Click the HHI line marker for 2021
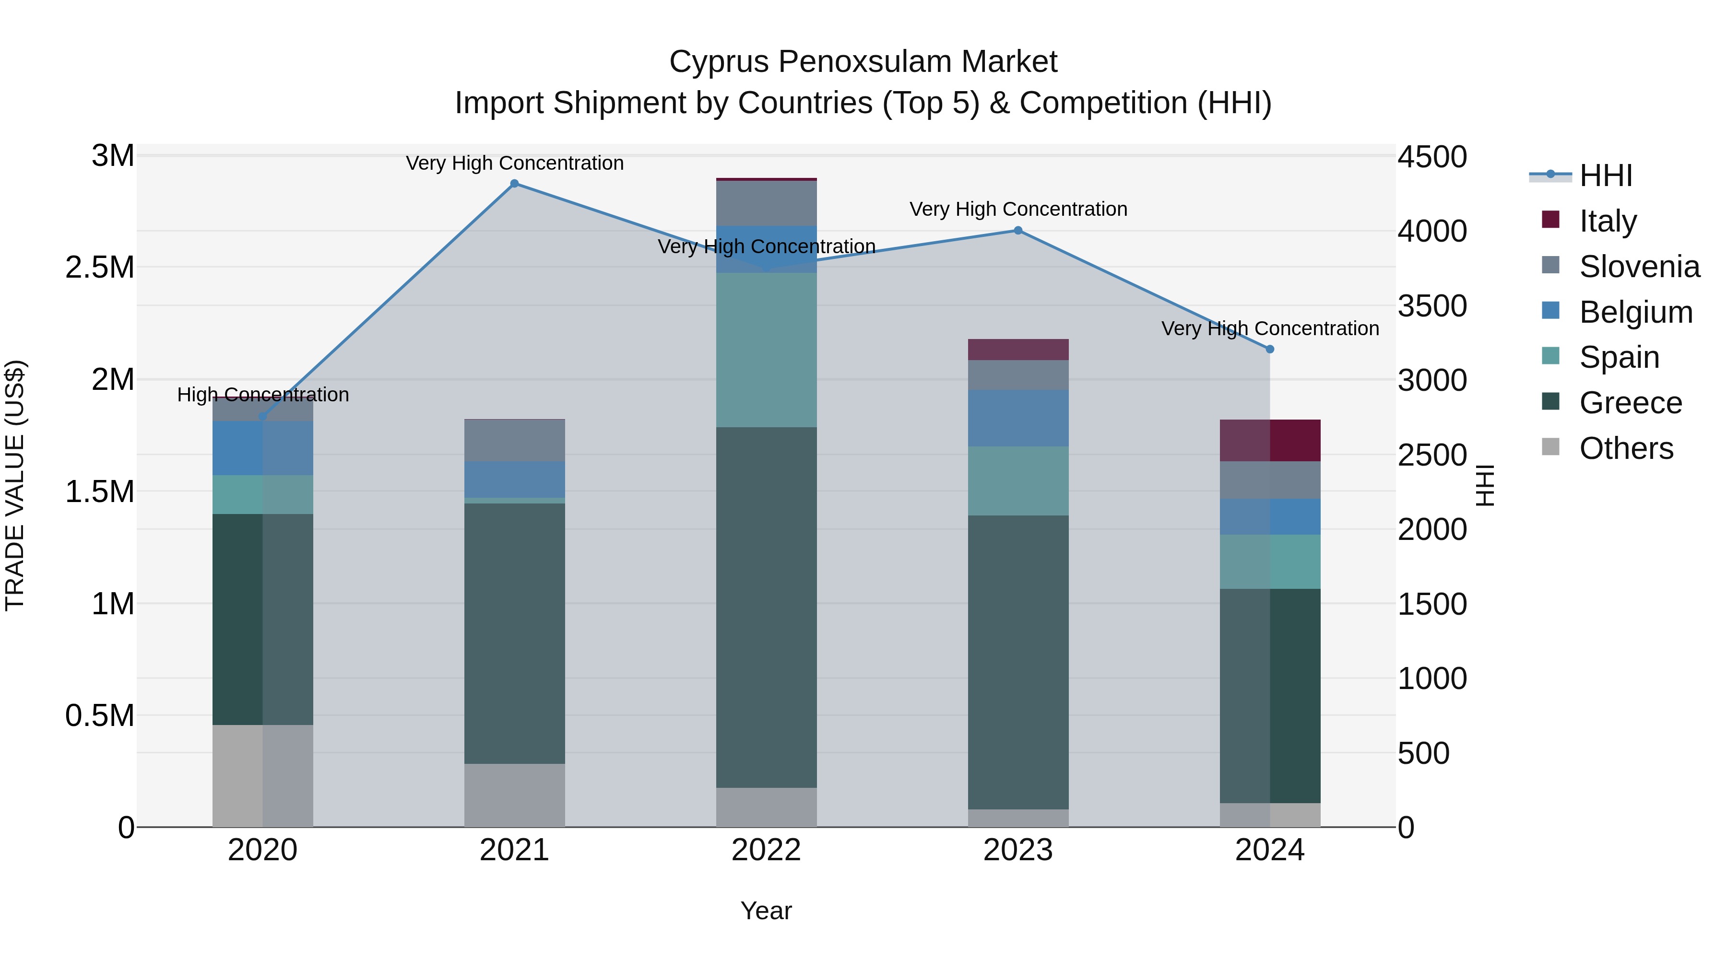coord(514,184)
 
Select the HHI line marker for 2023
coord(1017,231)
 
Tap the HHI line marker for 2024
coord(1269,349)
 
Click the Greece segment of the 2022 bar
coord(766,607)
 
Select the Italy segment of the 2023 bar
coord(1017,349)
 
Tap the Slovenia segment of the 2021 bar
coord(514,440)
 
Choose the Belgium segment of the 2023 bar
coord(1017,418)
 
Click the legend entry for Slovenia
coord(1639,267)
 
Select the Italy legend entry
coord(1607,221)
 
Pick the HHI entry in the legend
coord(1605,175)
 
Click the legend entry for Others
coord(1625,448)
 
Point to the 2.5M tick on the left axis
coord(100,268)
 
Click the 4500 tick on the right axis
coord(1432,157)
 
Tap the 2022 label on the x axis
coord(766,850)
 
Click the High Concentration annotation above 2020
coord(263,395)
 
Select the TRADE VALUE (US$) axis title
coord(15,485)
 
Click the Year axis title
coord(766,911)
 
